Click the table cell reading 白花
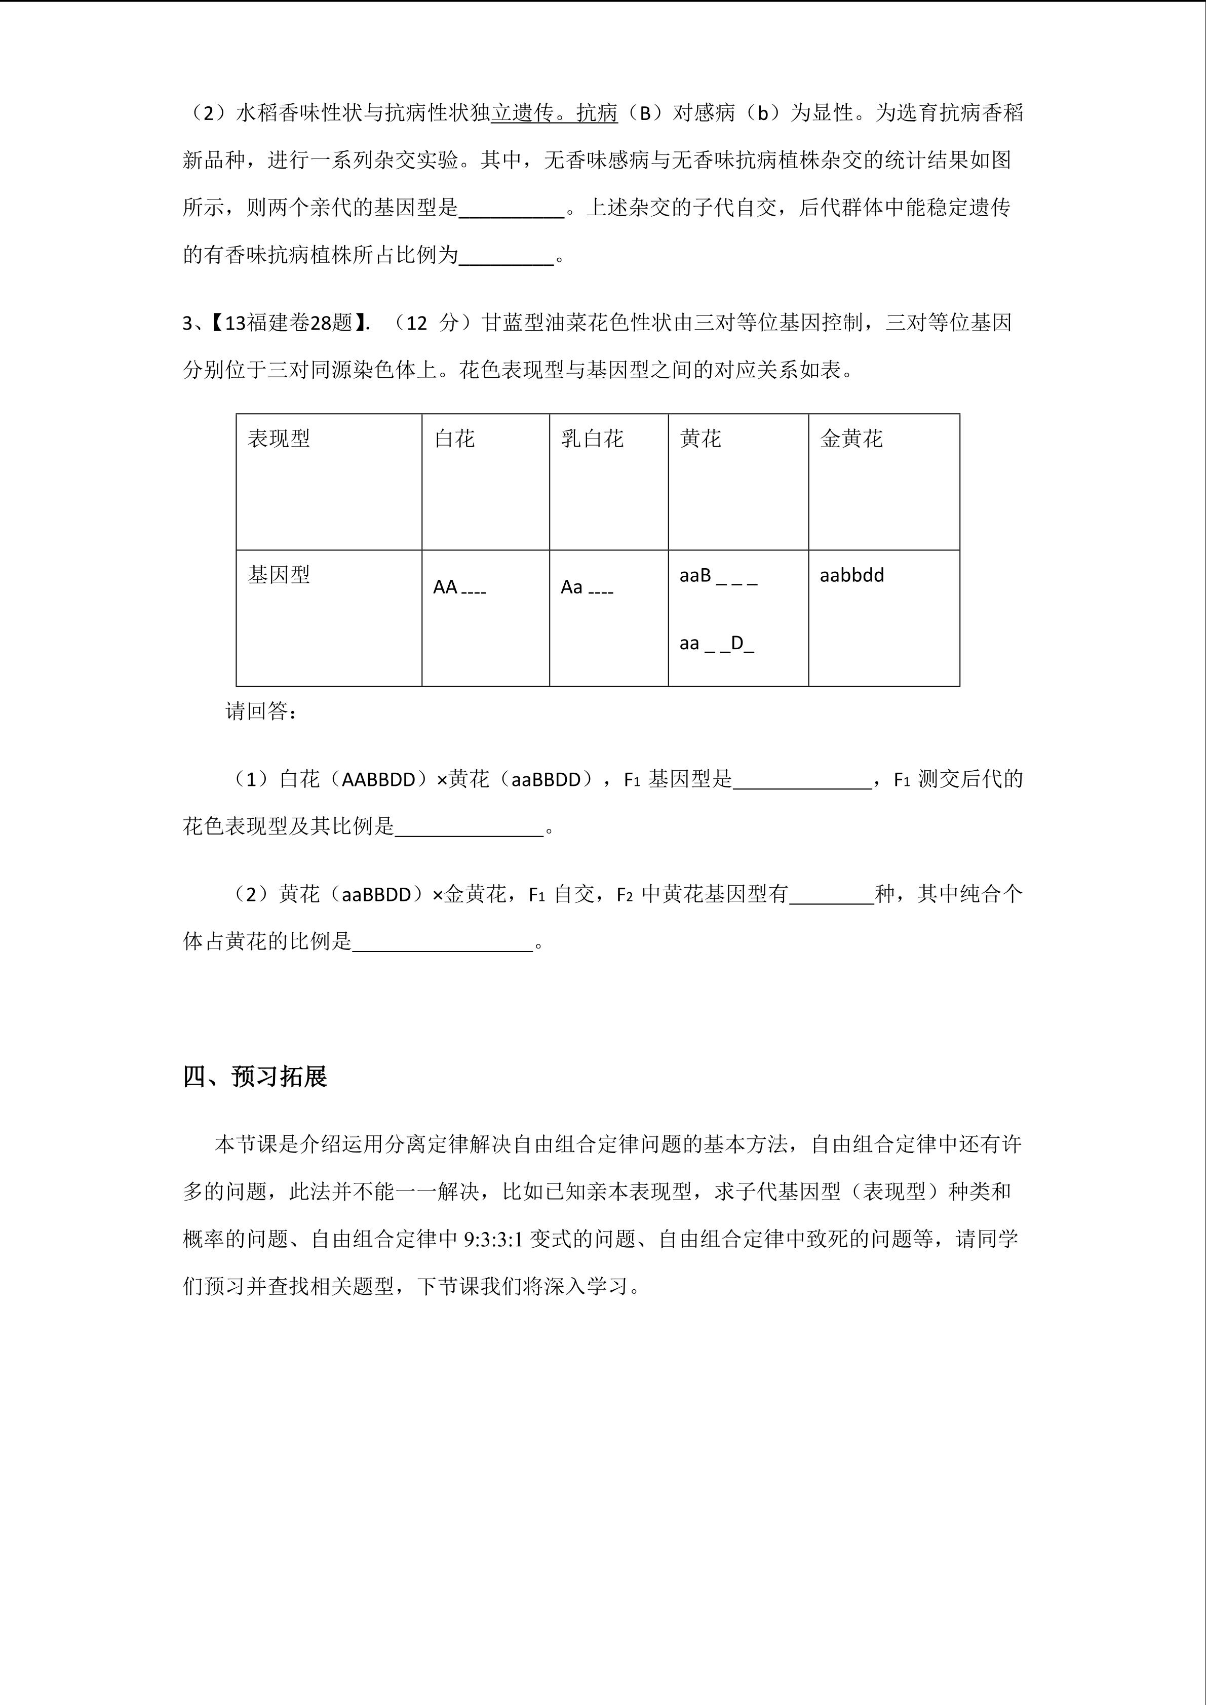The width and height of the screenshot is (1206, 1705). click(454, 439)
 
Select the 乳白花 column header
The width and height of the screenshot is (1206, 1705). click(592, 439)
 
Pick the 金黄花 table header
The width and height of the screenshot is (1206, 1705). click(851, 439)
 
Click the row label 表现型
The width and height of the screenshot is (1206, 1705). click(279, 439)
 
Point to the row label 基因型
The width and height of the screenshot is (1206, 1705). click(279, 575)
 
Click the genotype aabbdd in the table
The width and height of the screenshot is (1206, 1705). click(852, 576)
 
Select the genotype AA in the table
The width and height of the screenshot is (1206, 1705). click(446, 587)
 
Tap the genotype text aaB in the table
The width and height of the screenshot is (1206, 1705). click(695, 576)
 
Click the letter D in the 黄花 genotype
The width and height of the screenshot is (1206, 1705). click(737, 643)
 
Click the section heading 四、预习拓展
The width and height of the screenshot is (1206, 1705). click(255, 1076)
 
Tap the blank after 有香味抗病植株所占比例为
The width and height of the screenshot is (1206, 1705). click(507, 257)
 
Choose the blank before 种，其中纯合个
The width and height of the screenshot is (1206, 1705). click(832, 896)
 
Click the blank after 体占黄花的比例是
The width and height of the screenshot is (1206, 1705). click(443, 943)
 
